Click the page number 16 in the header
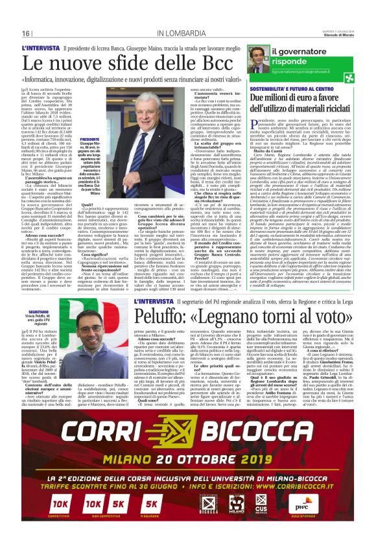(x=27, y=33)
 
